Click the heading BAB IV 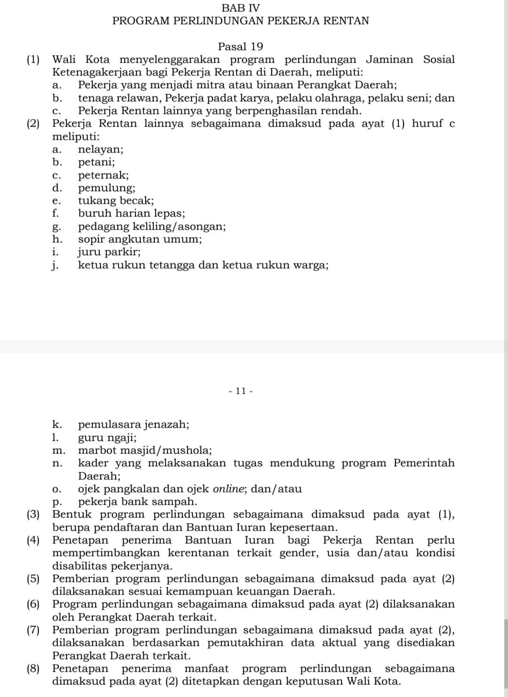tap(240, 8)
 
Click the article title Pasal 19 tap(240, 47)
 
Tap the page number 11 tap(240, 391)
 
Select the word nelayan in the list tap(101, 150)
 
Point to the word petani tap(96, 162)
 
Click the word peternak tap(103, 175)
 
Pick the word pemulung tap(107, 188)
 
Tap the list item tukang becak tap(116, 201)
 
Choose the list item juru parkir tap(109, 252)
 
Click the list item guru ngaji tap(107, 437)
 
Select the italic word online tap(230, 489)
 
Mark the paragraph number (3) tap(33, 515)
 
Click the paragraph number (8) tap(33, 669)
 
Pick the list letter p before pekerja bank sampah tap(57, 502)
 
